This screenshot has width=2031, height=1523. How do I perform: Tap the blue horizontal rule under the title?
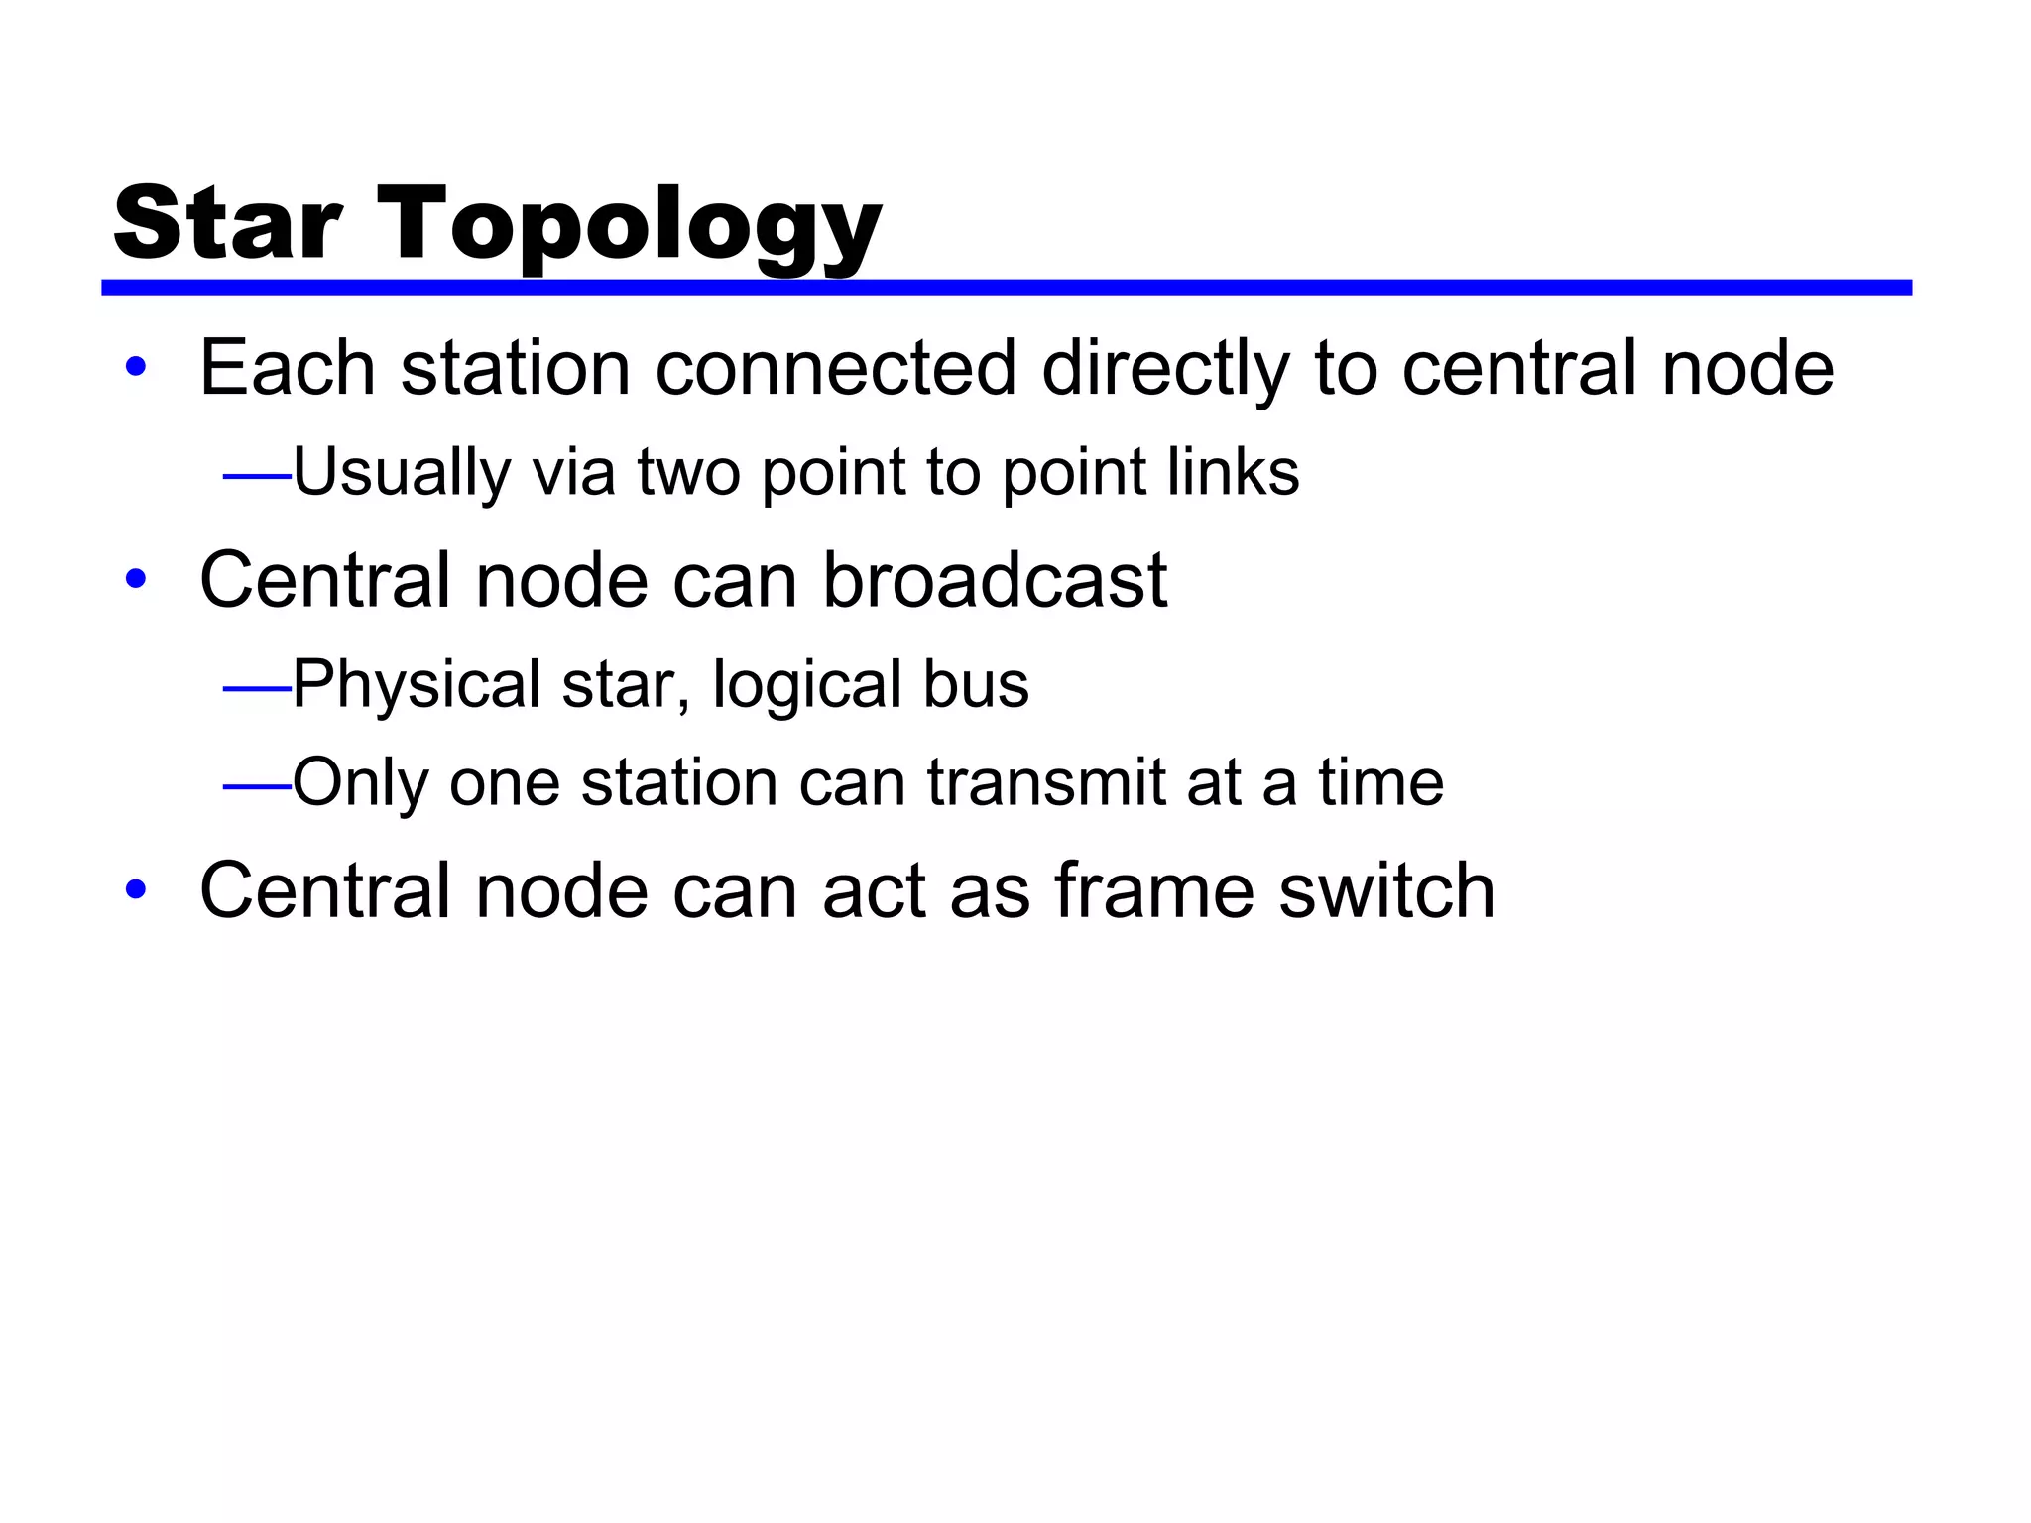tap(1006, 288)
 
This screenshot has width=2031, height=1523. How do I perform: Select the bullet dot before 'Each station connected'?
tap(136, 368)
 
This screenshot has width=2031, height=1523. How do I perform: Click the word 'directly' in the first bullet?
tap(1166, 369)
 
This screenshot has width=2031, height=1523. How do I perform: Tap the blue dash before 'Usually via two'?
tap(257, 477)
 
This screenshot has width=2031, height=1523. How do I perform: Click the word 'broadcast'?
tap(995, 580)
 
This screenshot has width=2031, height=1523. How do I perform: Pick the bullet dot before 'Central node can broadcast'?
tap(136, 580)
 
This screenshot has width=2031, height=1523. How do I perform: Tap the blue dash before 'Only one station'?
tap(257, 787)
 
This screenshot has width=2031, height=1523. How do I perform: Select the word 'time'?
tap(1380, 782)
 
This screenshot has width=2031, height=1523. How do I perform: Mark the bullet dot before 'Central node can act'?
tap(136, 890)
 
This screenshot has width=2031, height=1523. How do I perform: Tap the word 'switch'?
tap(1386, 890)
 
